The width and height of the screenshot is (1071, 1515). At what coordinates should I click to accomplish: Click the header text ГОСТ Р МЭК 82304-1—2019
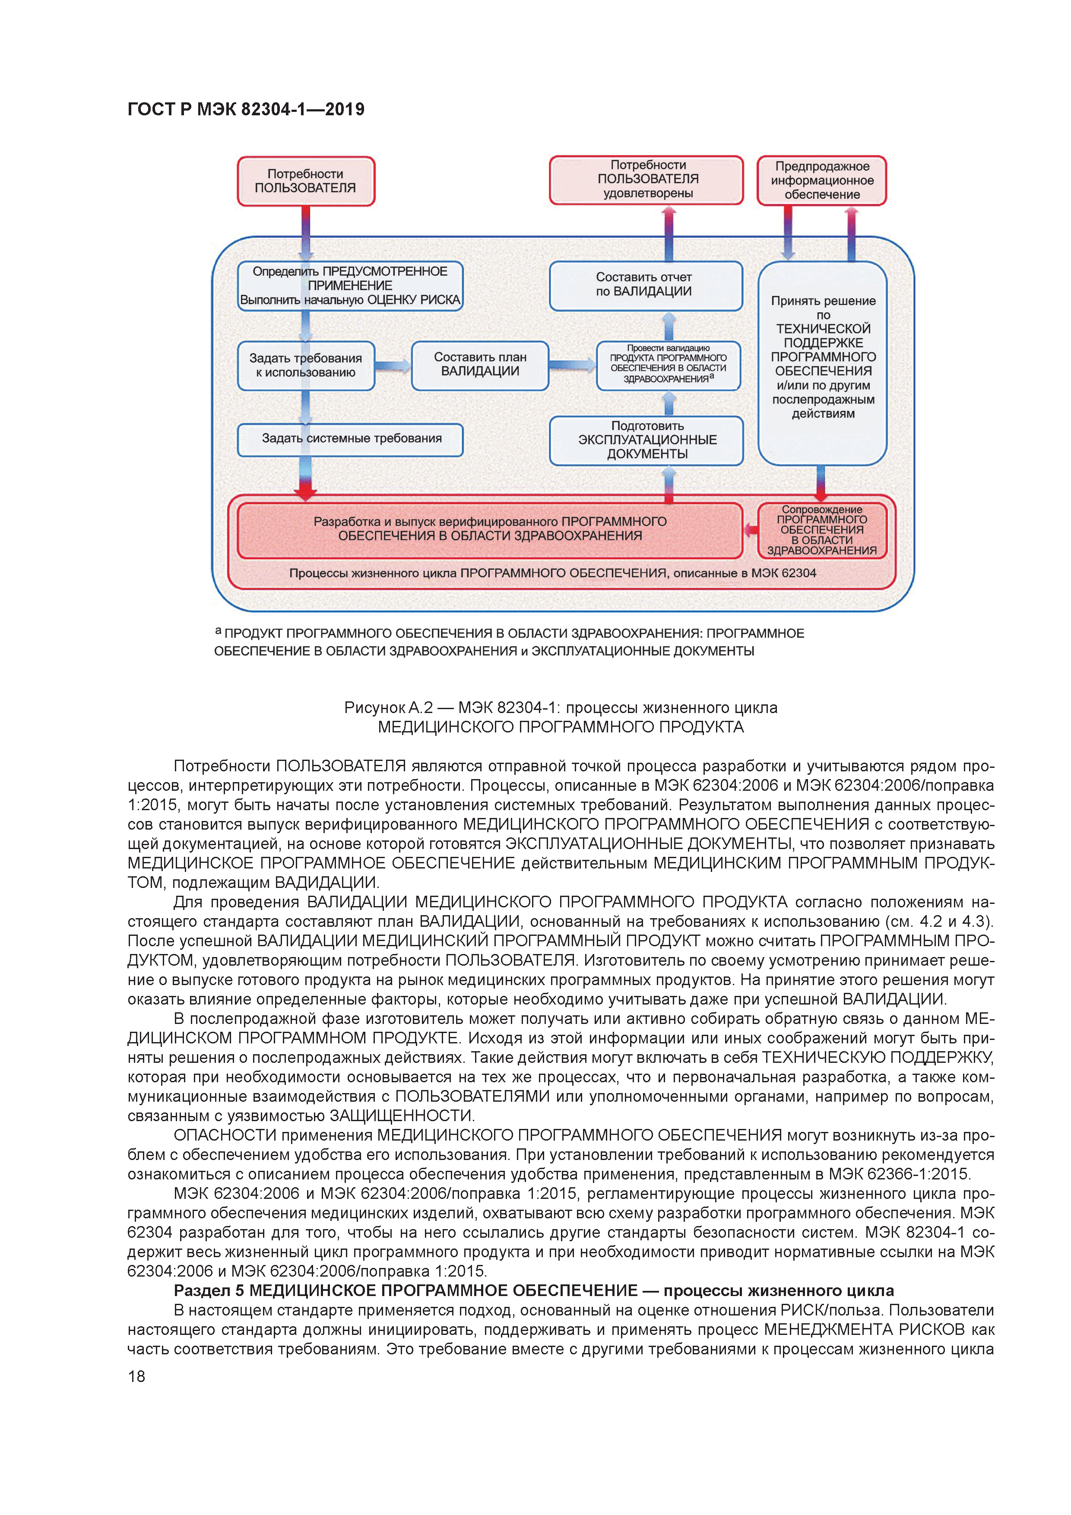coord(245,110)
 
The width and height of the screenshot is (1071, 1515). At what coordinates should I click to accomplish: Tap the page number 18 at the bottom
coord(136,1376)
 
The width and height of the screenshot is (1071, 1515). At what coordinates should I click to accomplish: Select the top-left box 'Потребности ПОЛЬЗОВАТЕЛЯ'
coord(305,181)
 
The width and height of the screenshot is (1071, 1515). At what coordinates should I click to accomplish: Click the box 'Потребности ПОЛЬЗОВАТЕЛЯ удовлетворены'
coord(646,180)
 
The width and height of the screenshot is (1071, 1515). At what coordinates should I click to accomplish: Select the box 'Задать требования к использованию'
coord(305,365)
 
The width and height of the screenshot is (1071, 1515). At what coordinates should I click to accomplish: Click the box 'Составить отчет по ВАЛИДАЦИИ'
coord(645,285)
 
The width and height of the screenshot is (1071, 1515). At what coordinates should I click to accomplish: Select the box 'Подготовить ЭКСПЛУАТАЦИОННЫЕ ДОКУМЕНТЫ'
coord(646,440)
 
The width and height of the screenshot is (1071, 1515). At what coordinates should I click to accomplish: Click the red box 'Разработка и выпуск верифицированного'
coord(490,529)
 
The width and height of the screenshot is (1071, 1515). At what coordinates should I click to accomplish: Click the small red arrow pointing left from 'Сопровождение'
coord(750,529)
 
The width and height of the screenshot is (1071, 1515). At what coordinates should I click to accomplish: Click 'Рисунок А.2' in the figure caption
coord(388,708)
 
